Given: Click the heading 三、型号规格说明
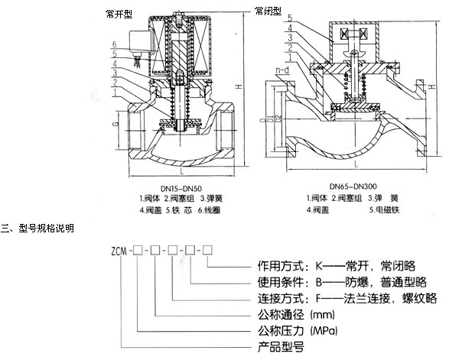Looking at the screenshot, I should [x=38, y=228].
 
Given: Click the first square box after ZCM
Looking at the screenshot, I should [x=138, y=250].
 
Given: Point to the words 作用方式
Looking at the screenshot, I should [x=274, y=267].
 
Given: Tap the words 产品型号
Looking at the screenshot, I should [x=274, y=346].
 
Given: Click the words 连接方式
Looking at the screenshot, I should [x=274, y=298].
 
